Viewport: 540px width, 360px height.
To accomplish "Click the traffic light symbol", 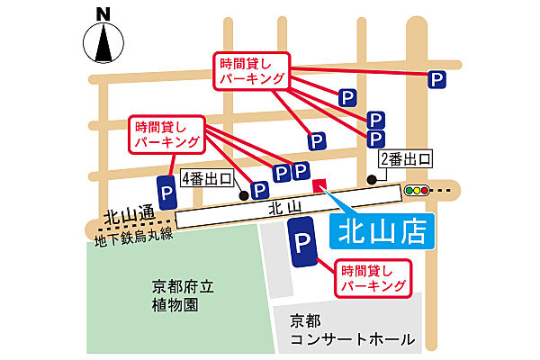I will coord(417,191).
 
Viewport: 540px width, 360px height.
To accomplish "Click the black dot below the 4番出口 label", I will coord(243,193).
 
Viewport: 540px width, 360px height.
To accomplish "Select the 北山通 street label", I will coord(129,217).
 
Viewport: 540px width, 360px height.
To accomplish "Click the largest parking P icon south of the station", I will coord(303,243).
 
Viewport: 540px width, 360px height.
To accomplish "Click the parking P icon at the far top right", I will coord(437,79).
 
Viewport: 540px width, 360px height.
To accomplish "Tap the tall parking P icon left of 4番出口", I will coord(167,193).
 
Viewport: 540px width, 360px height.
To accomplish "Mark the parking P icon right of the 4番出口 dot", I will coord(261,190).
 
